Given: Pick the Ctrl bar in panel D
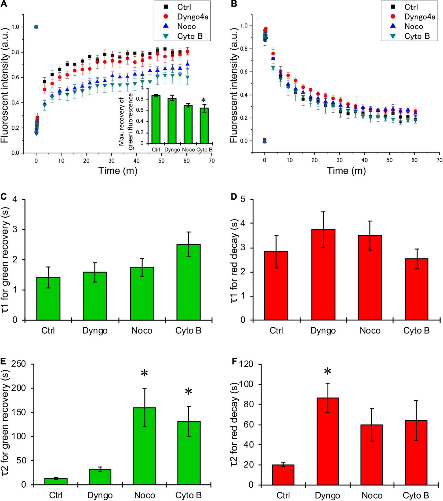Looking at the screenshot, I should [276, 286].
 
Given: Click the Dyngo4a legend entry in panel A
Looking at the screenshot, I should [193, 17].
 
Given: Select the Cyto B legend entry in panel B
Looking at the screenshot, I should [417, 36].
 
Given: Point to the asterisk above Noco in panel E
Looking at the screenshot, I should [144, 374].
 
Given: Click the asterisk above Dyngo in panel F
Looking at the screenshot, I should [328, 372].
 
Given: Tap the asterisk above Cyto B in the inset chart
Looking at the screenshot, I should [203, 100].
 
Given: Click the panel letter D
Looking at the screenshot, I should [234, 197].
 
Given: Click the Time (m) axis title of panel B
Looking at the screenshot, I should [346, 170].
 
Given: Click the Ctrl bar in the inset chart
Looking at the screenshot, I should [156, 119].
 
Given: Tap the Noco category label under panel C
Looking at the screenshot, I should [142, 330].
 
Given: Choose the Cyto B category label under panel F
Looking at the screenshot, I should [416, 495].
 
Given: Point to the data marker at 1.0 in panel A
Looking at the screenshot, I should [36, 27].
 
